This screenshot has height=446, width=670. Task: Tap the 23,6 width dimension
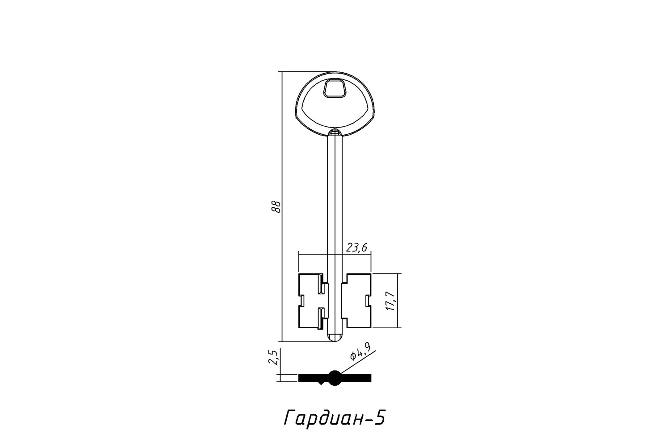tap(356, 248)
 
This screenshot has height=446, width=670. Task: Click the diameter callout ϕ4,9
tap(360, 351)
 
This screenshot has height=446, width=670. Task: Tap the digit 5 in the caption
tap(379, 418)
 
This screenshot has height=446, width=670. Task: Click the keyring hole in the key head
tap(335, 88)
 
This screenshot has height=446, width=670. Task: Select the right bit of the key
tap(356, 301)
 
